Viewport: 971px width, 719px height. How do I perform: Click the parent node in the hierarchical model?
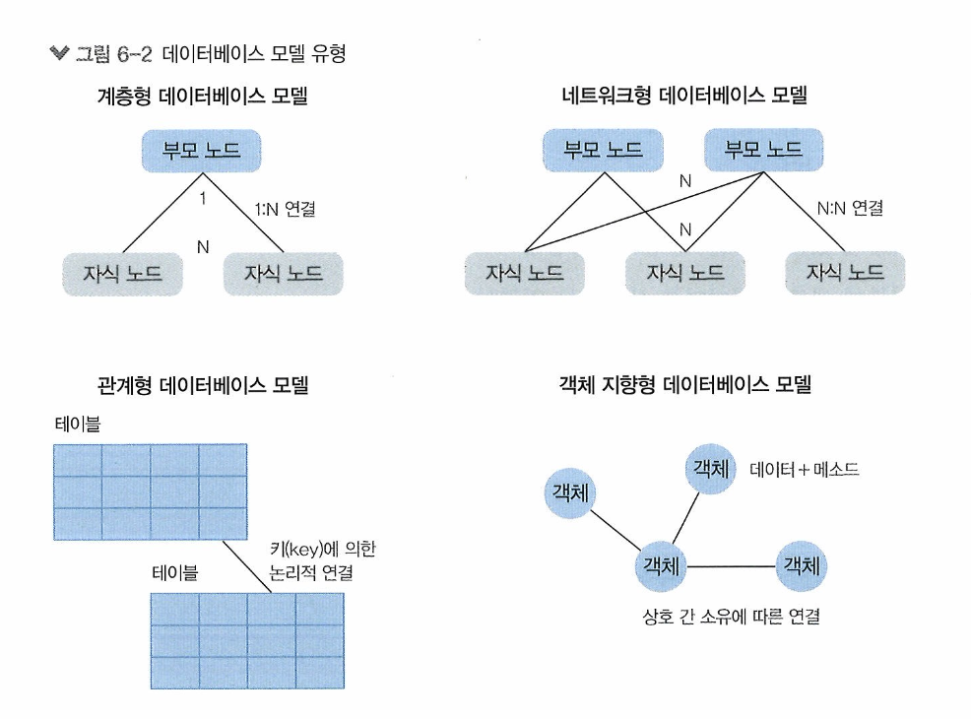coord(200,152)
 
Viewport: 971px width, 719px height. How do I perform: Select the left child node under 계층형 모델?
coord(122,273)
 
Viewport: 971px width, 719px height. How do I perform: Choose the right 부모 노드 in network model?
coord(763,152)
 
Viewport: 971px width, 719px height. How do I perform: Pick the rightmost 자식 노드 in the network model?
coord(845,273)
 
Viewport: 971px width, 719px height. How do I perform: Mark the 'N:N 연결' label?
coord(850,209)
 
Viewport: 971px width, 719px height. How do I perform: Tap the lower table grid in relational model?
coord(246,639)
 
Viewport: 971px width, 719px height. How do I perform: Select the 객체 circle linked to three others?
coord(662,565)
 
